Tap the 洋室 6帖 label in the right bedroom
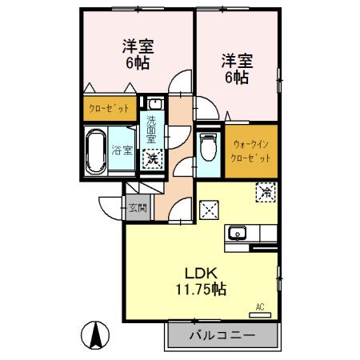coord(236,68)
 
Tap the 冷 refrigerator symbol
coord(264,192)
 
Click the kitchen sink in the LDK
coord(238,234)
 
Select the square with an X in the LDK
coord(210,210)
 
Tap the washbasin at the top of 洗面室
coord(153,104)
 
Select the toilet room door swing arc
coord(206,114)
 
